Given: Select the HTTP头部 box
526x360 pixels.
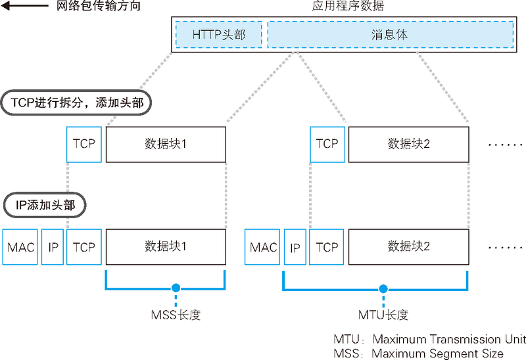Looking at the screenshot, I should pyautogui.click(x=219, y=34).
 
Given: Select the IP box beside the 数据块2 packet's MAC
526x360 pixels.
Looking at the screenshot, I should pyautogui.click(x=295, y=248).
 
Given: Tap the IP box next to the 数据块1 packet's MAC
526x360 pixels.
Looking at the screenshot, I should pyautogui.click(x=53, y=248).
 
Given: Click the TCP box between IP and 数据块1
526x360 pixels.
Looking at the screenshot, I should pyautogui.click(x=84, y=248).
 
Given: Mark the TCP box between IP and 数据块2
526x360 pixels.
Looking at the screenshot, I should pyautogui.click(x=327, y=248).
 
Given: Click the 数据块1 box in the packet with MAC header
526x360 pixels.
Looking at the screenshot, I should pyautogui.click(x=166, y=248).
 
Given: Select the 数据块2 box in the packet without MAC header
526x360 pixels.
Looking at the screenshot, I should pyautogui.click(x=408, y=144).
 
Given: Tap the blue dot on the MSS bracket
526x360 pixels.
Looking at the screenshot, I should pyautogui.click(x=175, y=288).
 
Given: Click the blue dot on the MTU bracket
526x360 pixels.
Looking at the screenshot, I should pyautogui.click(x=383, y=288).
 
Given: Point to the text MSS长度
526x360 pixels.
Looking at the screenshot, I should pyautogui.click(x=175, y=315).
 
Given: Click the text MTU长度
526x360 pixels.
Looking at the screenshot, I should pyautogui.click(x=383, y=315).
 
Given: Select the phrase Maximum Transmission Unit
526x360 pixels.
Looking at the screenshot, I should pyautogui.click(x=448, y=340).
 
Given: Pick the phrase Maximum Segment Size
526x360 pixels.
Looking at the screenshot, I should pyautogui.click(x=437, y=353).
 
